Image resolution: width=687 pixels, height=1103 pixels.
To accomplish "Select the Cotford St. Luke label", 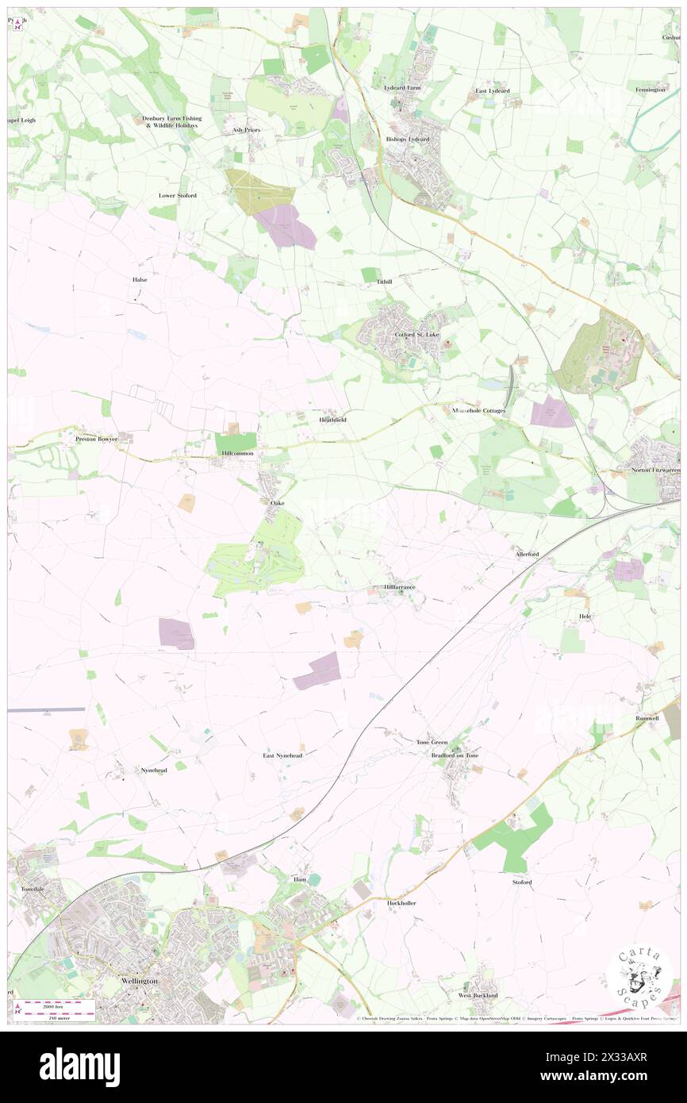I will click(416, 335).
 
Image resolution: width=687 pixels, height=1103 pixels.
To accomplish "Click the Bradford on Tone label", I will click(455, 755).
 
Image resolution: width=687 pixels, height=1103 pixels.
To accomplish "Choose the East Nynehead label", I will click(283, 755).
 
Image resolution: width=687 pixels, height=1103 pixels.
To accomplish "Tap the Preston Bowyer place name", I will click(96, 438).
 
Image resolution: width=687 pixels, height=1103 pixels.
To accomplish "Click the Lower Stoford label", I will click(177, 195).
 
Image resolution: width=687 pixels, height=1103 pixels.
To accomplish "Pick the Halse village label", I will click(140, 279).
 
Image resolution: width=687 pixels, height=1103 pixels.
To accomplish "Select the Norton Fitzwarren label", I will click(654, 471).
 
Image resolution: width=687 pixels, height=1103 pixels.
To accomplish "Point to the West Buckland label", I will click(478, 994).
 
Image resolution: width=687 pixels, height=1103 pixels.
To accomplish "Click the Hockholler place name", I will click(401, 903).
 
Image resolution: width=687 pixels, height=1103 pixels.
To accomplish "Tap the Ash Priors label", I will click(246, 129).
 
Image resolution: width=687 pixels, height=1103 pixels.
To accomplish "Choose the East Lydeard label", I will click(493, 91).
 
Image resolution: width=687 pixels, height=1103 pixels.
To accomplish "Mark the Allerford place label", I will click(527, 553).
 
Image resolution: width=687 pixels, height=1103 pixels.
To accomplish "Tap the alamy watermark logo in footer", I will click(79, 1066).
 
